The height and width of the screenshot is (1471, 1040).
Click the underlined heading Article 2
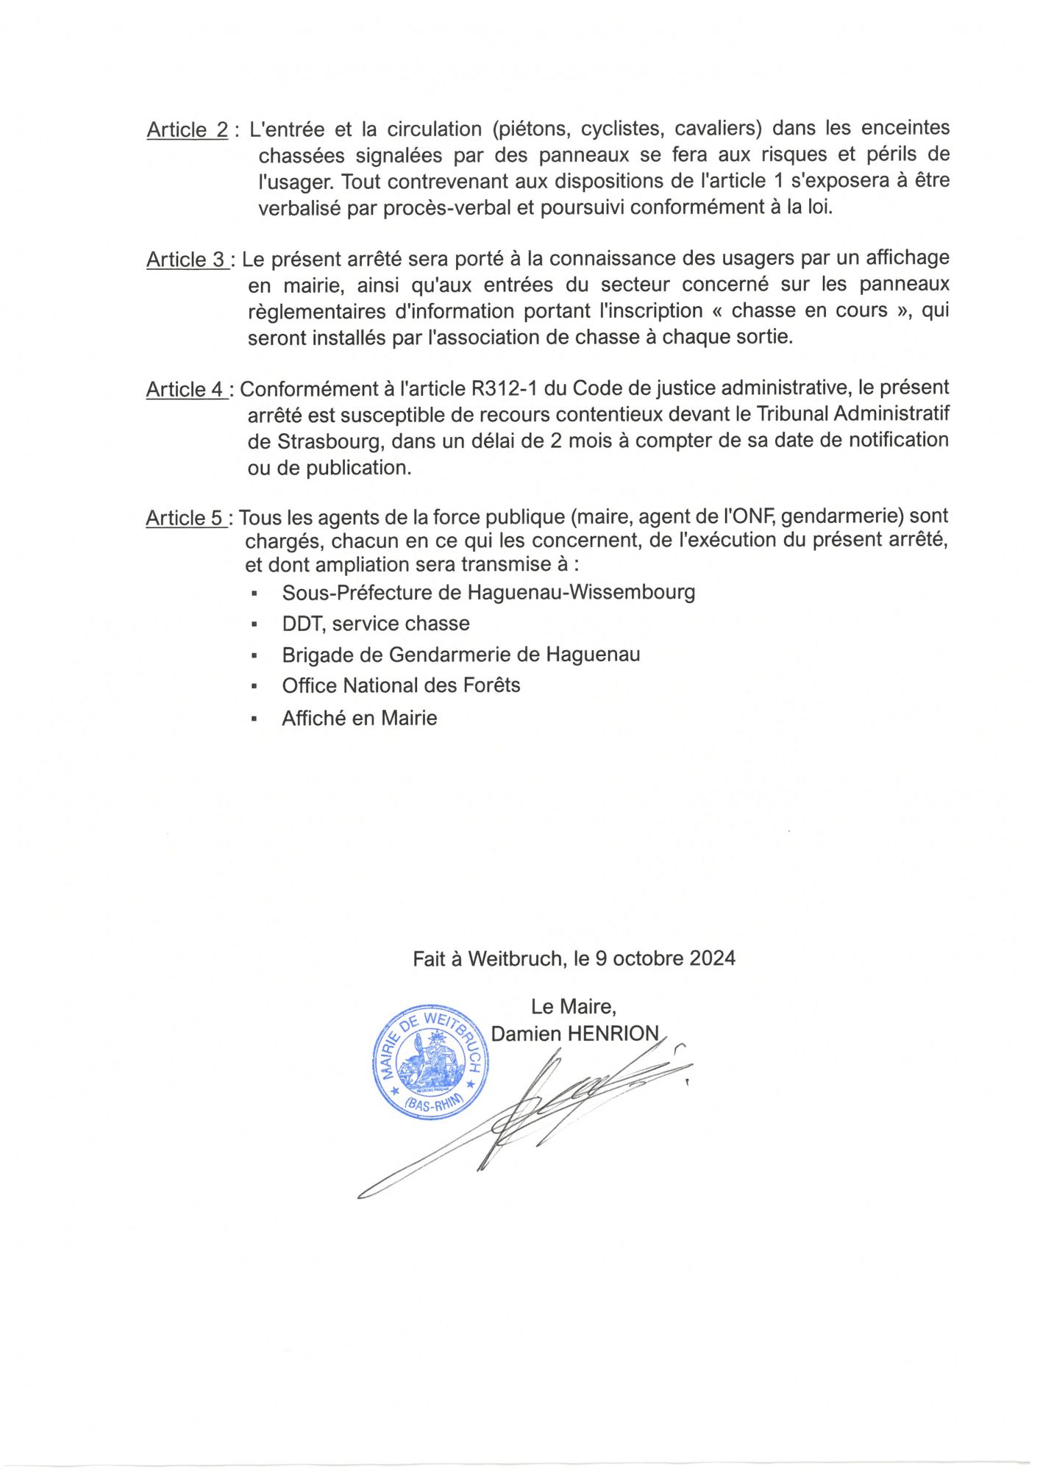click(x=187, y=130)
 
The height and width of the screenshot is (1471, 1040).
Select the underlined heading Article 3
click(x=186, y=260)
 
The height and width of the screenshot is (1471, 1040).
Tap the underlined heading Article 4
click(x=186, y=389)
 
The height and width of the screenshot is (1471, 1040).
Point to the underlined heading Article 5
click(x=185, y=519)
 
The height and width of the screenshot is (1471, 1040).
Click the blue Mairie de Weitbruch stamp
click(x=430, y=1062)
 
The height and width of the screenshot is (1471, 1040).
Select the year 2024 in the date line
click(x=712, y=958)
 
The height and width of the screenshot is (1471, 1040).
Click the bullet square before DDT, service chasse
click(x=254, y=624)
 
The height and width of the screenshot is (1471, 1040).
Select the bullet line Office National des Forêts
click(x=401, y=685)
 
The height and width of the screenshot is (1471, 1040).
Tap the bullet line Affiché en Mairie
click(x=359, y=718)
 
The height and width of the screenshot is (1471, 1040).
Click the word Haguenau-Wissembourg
click(x=581, y=592)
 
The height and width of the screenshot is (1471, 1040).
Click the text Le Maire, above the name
click(x=574, y=1006)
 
